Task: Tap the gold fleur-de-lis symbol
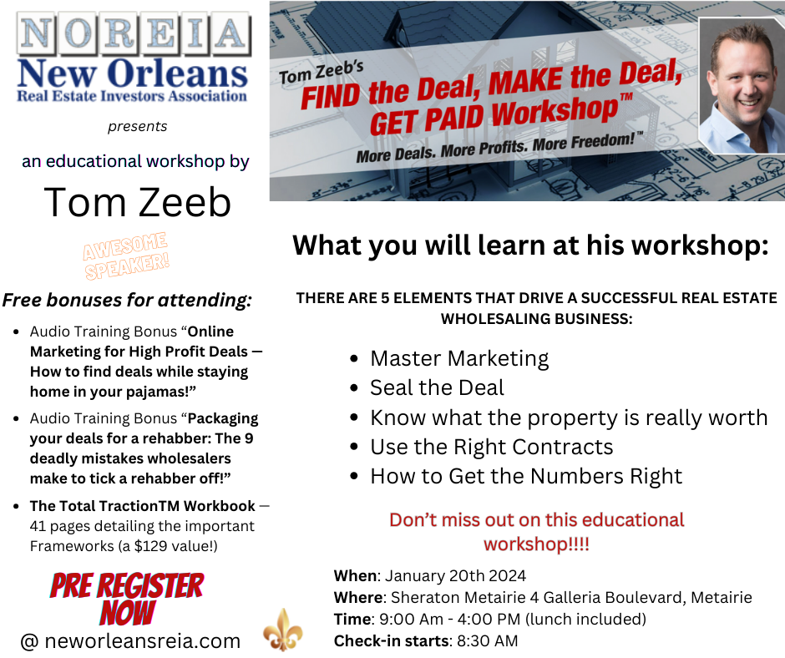coord(283,630)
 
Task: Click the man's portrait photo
coord(742,85)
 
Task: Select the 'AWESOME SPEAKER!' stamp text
coord(125,256)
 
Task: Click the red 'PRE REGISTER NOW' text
coord(127,599)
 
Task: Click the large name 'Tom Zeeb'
coord(137,202)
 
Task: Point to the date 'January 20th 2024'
coord(456,576)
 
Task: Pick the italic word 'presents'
coord(137,127)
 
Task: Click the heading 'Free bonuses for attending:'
coord(127,300)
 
